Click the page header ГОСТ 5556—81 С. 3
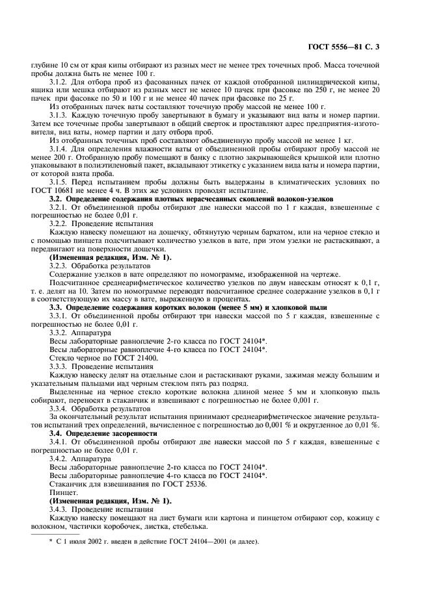(x=368, y=47)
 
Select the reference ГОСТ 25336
(x=178, y=484)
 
